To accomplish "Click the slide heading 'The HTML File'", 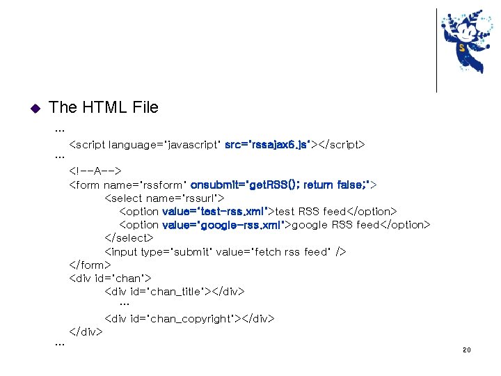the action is (x=104, y=107).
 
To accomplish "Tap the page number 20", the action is (x=466, y=350).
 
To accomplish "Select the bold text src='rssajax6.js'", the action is (x=267, y=145).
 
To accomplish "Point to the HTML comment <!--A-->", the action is (x=95, y=171).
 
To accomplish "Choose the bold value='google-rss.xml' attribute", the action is (x=225, y=224).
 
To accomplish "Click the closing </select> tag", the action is (x=129, y=238).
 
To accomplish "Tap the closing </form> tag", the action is (x=90, y=265).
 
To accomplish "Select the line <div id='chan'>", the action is (x=104, y=279).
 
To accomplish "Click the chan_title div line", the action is (x=174, y=292).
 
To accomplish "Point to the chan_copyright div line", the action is (x=189, y=318).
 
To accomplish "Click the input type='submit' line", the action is (x=225, y=251).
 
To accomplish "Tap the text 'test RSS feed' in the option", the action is (x=311, y=211).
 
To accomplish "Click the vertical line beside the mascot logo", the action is (x=436, y=50).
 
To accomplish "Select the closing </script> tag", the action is (x=341, y=145).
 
